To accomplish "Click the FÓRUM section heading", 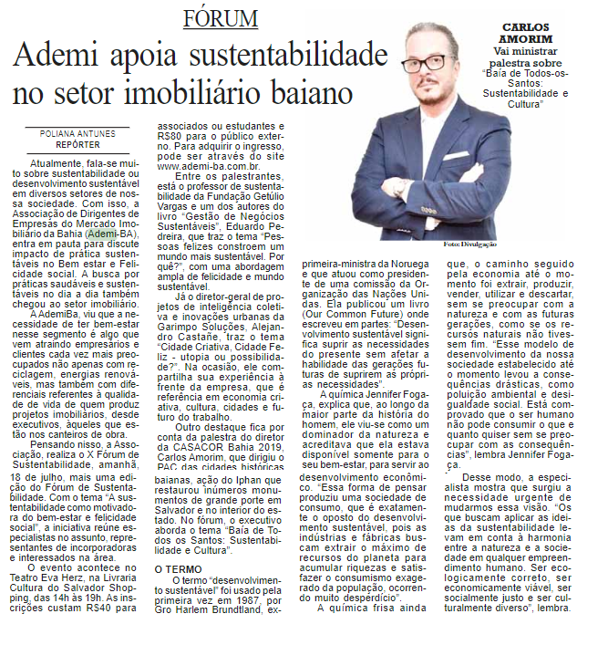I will point(221,18).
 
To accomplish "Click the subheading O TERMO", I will point(173,568).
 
